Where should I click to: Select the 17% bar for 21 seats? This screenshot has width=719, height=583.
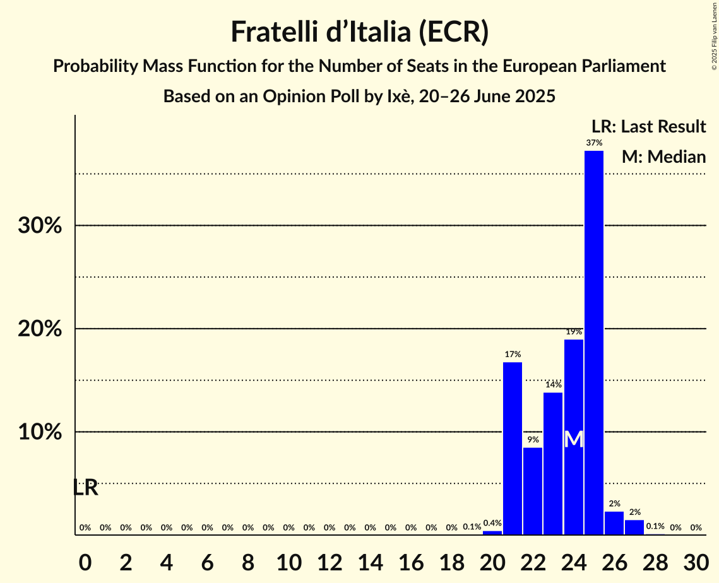tap(513, 448)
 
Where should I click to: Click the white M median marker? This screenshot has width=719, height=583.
tap(573, 440)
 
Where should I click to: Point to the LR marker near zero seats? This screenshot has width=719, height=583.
tap(85, 488)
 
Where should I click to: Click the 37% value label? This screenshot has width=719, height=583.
tap(594, 143)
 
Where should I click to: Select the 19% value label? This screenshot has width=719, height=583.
tap(573, 332)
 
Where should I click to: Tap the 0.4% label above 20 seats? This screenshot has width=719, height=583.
tap(492, 523)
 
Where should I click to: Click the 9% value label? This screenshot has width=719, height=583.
tap(533, 440)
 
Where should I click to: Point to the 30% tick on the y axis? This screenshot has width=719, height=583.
tap(40, 226)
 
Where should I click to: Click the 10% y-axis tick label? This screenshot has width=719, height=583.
tap(40, 433)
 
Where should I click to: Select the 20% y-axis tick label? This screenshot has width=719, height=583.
tap(40, 329)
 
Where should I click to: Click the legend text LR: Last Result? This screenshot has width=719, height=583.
tap(648, 127)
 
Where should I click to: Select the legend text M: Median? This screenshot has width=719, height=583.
tap(663, 157)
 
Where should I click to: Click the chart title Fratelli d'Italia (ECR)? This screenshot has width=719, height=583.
tap(359, 32)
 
